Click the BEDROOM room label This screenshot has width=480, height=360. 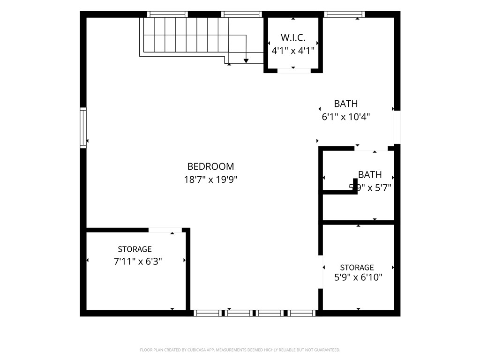pyautogui.click(x=210, y=166)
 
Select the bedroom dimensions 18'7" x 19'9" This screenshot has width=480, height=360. pyautogui.click(x=210, y=179)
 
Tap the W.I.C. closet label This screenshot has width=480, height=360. pyautogui.click(x=293, y=37)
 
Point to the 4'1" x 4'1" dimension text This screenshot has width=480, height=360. pyautogui.click(x=293, y=50)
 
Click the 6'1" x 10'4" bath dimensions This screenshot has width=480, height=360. pyautogui.click(x=346, y=117)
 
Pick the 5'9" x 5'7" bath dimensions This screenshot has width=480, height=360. pyautogui.click(x=370, y=187)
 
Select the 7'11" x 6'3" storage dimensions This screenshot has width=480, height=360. pyautogui.click(x=138, y=262)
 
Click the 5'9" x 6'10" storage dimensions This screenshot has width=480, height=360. pyautogui.click(x=358, y=277)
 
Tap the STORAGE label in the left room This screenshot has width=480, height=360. pyautogui.click(x=135, y=249)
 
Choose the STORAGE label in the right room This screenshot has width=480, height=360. pyautogui.click(x=357, y=267)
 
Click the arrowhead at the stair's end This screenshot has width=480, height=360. pyautogui.click(x=246, y=60)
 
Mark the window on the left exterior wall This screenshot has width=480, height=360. pyautogui.click(x=83, y=127)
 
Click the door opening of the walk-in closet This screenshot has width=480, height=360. pyautogui.click(x=293, y=71)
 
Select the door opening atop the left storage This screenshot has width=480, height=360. pyautogui.click(x=165, y=230)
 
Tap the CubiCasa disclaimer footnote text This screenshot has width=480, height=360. pyautogui.click(x=240, y=350)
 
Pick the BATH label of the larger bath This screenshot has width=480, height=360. pyautogui.click(x=346, y=104)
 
